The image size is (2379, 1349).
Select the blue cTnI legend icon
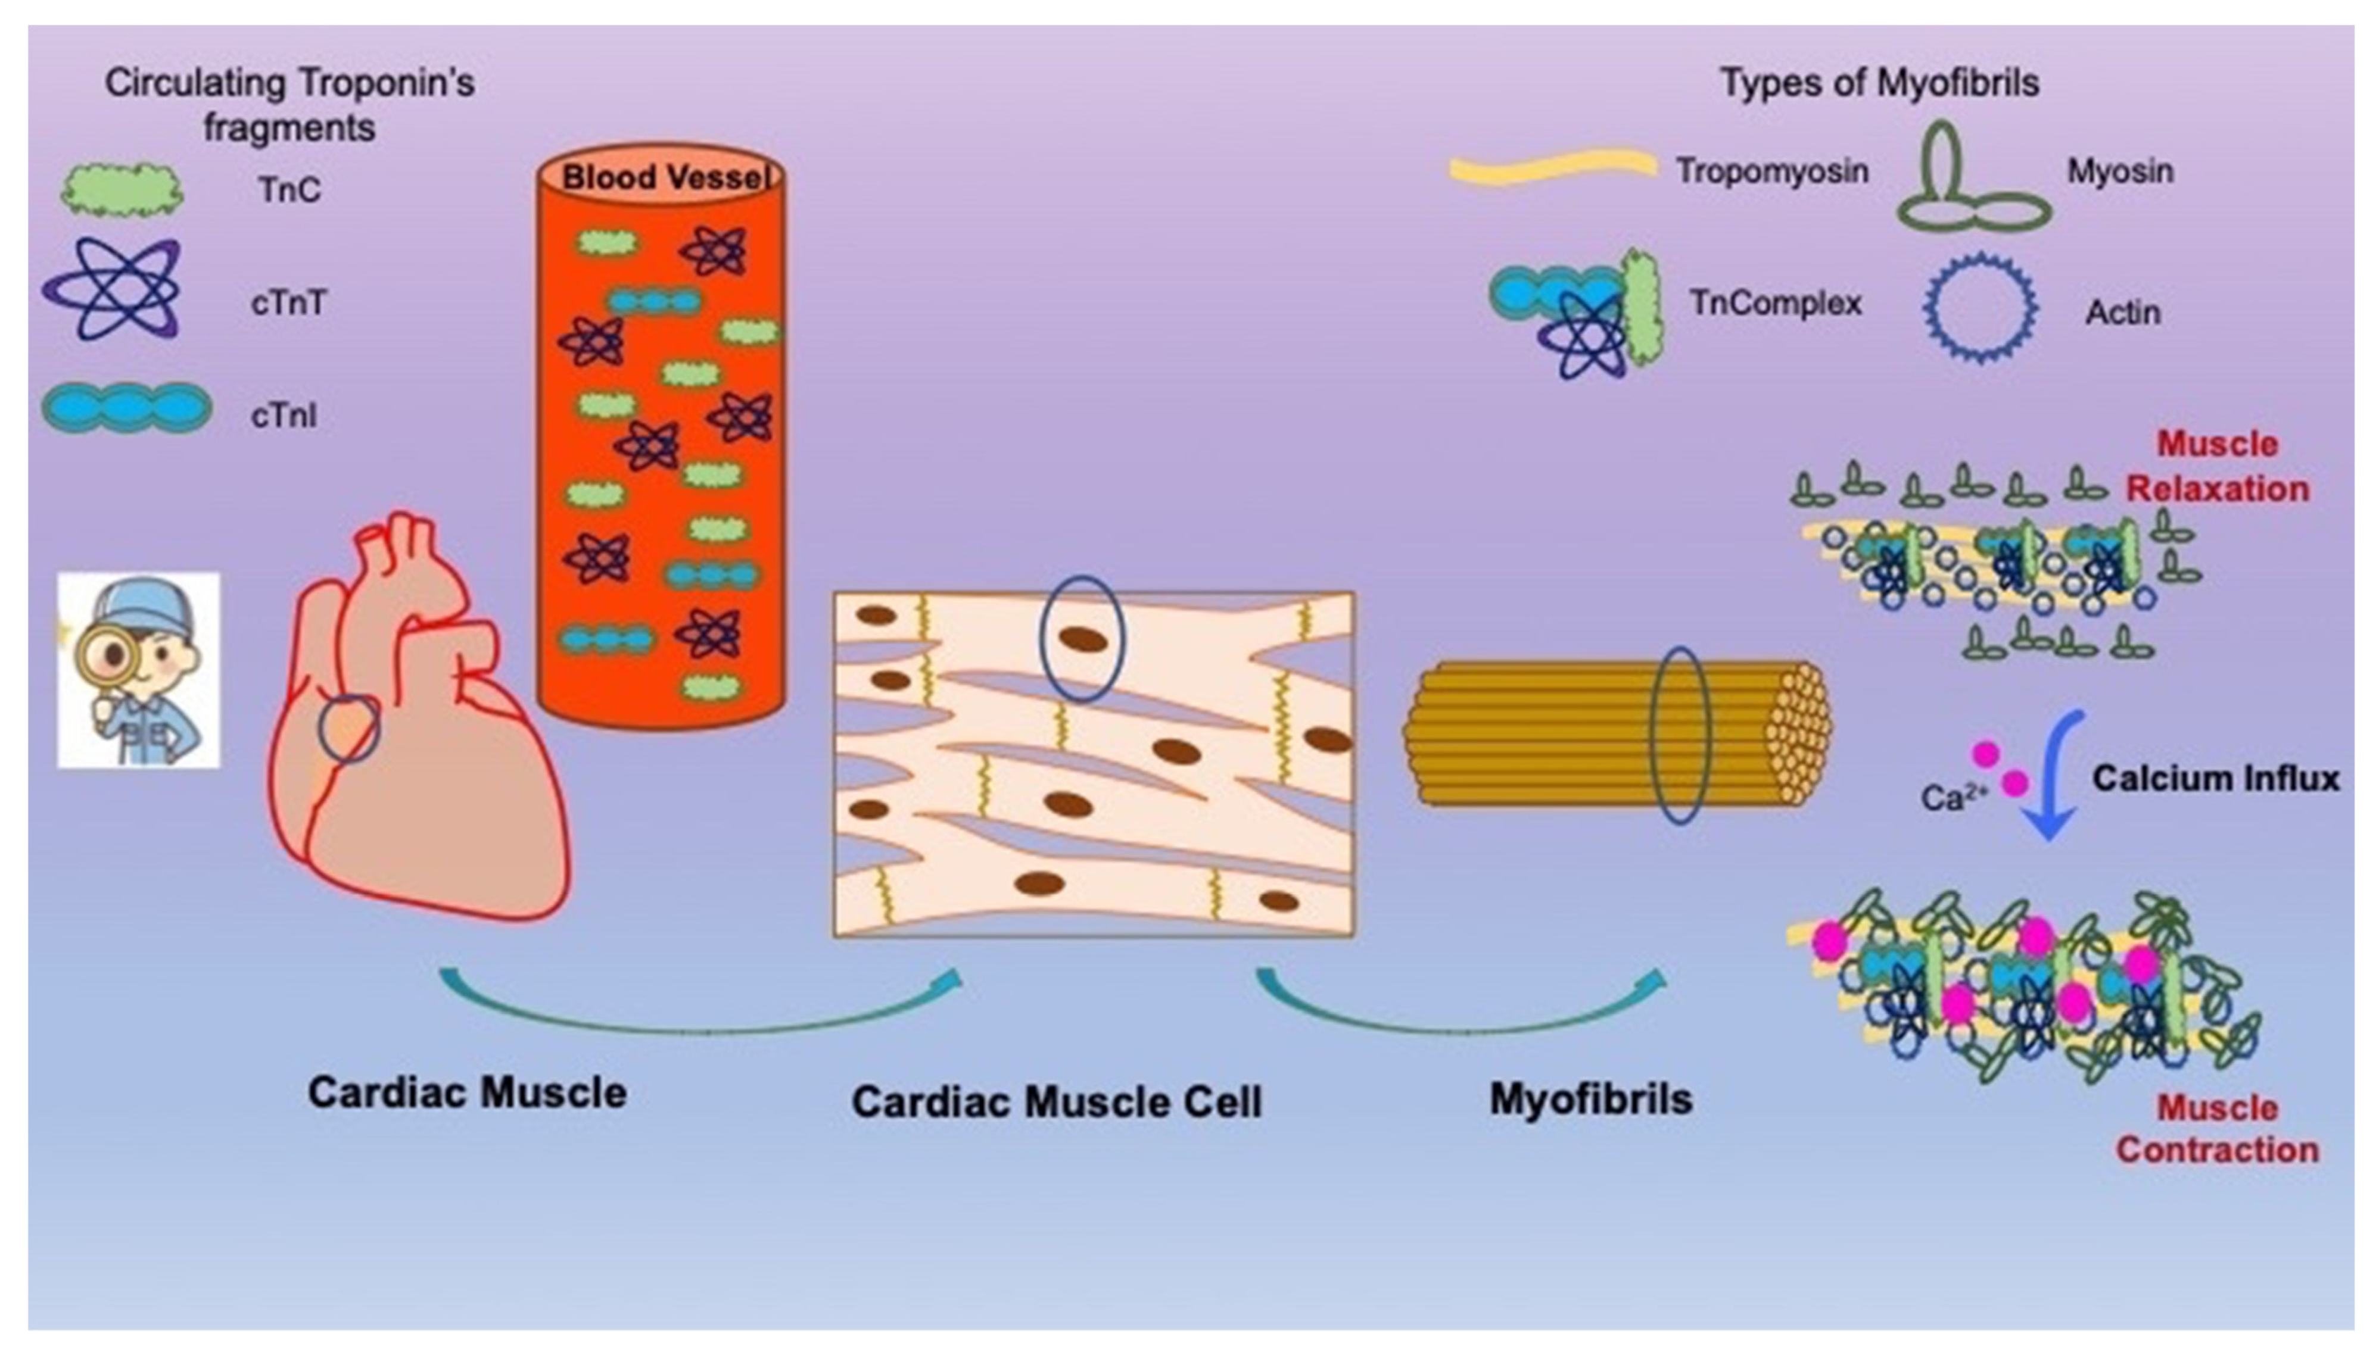pos(127,408)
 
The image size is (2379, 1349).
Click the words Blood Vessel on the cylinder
pos(665,177)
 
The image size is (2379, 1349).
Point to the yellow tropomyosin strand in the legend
pos(1552,167)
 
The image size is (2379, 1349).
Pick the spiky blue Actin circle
pos(1981,306)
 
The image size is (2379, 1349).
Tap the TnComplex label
pos(1775,303)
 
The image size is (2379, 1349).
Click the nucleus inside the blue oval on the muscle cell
pos(1082,639)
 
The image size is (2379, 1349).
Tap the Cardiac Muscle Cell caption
pos(1057,1101)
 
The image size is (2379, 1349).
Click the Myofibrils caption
pos(1590,1099)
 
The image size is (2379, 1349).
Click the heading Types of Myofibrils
pos(1879,83)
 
